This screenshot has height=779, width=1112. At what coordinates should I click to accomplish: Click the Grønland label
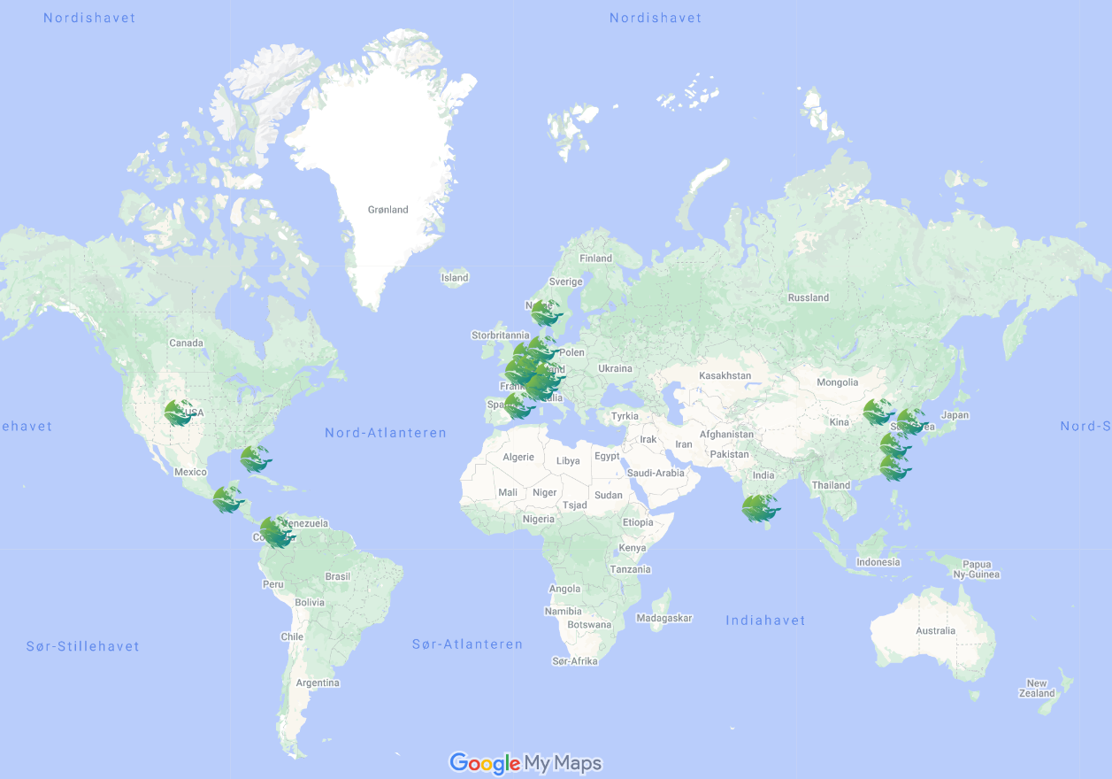pos(388,210)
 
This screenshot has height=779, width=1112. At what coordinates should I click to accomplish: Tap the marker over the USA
pos(180,413)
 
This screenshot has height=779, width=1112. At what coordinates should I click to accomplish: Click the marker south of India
pos(759,508)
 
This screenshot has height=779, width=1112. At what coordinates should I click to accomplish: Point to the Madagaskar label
pos(663,618)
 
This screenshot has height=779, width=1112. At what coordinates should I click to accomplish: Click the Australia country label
pos(935,631)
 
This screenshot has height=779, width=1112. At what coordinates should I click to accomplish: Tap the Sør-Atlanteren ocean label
pos(467,644)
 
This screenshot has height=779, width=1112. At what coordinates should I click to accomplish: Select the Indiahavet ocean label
pos(765,621)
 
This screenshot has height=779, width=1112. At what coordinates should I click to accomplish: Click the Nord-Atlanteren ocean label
pos(386,433)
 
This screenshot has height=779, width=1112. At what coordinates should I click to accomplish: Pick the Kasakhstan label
pos(725,376)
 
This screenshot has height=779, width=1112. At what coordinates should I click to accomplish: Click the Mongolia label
pos(837,382)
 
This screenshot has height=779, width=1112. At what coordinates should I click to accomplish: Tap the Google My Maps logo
pos(525,763)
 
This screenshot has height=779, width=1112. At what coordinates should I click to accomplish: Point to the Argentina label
pos(318,683)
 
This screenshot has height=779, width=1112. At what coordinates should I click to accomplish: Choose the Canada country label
pos(186,343)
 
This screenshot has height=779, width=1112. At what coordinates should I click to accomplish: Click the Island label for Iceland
pos(455,278)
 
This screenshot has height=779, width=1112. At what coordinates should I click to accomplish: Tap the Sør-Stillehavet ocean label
pos(82,646)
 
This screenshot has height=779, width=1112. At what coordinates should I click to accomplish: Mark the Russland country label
pos(808,297)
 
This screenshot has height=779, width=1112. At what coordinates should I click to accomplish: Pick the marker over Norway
pos(546,312)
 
